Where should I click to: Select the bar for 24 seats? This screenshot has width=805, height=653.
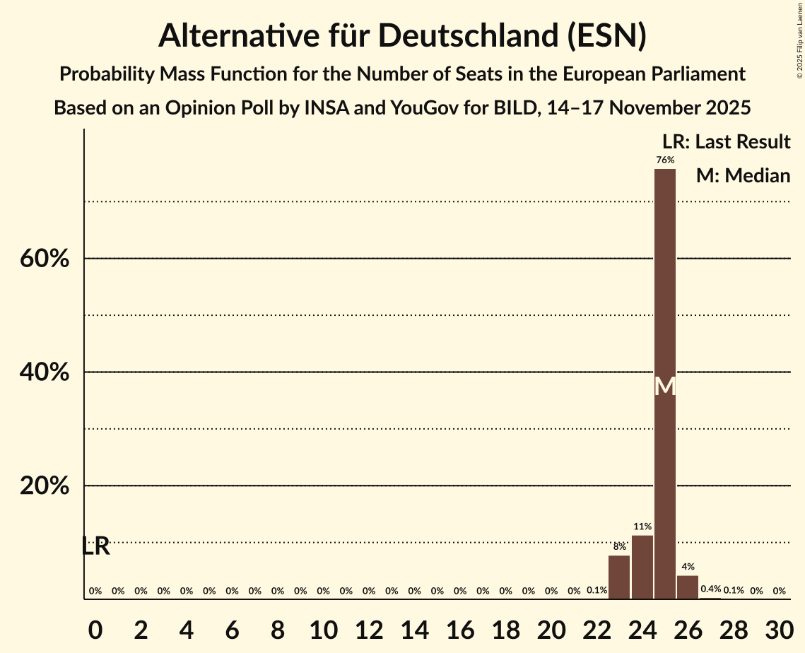pos(642,567)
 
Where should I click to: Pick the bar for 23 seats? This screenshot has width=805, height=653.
pos(619,577)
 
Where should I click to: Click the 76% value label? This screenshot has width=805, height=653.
pos(664,160)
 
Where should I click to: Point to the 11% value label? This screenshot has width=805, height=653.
pos(642,526)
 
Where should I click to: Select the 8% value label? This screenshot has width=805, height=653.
pos(619,546)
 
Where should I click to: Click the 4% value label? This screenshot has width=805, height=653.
pos(688,567)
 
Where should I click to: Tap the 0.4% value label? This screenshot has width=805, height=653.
pos(710,589)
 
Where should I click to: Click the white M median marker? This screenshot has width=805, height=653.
pos(665,386)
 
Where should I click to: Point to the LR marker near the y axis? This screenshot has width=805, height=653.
pos(95,546)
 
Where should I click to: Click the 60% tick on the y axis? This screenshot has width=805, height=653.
pos(45,259)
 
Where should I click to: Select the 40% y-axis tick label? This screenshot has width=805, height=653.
pos(45,372)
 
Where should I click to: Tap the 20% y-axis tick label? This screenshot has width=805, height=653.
pos(45,486)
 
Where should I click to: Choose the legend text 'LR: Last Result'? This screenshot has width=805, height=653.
pos(726,142)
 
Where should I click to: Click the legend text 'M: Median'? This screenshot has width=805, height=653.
pos(743,176)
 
